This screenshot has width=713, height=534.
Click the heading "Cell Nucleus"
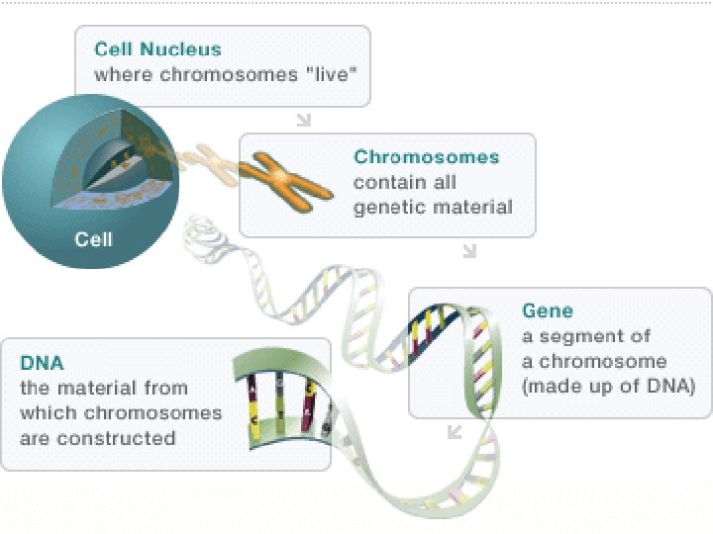point(157,49)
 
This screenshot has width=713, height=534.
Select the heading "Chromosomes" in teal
point(427,157)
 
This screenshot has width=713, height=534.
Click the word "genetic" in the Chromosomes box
point(387,207)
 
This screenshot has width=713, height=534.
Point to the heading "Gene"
point(548,311)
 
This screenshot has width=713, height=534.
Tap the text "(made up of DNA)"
point(608,386)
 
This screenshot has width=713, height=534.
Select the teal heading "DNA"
point(42,363)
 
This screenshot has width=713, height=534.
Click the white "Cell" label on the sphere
point(94,238)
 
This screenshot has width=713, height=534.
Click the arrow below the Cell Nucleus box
point(304,120)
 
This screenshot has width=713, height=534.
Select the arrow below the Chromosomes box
point(469,251)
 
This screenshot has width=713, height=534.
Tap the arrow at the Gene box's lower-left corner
point(455,431)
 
